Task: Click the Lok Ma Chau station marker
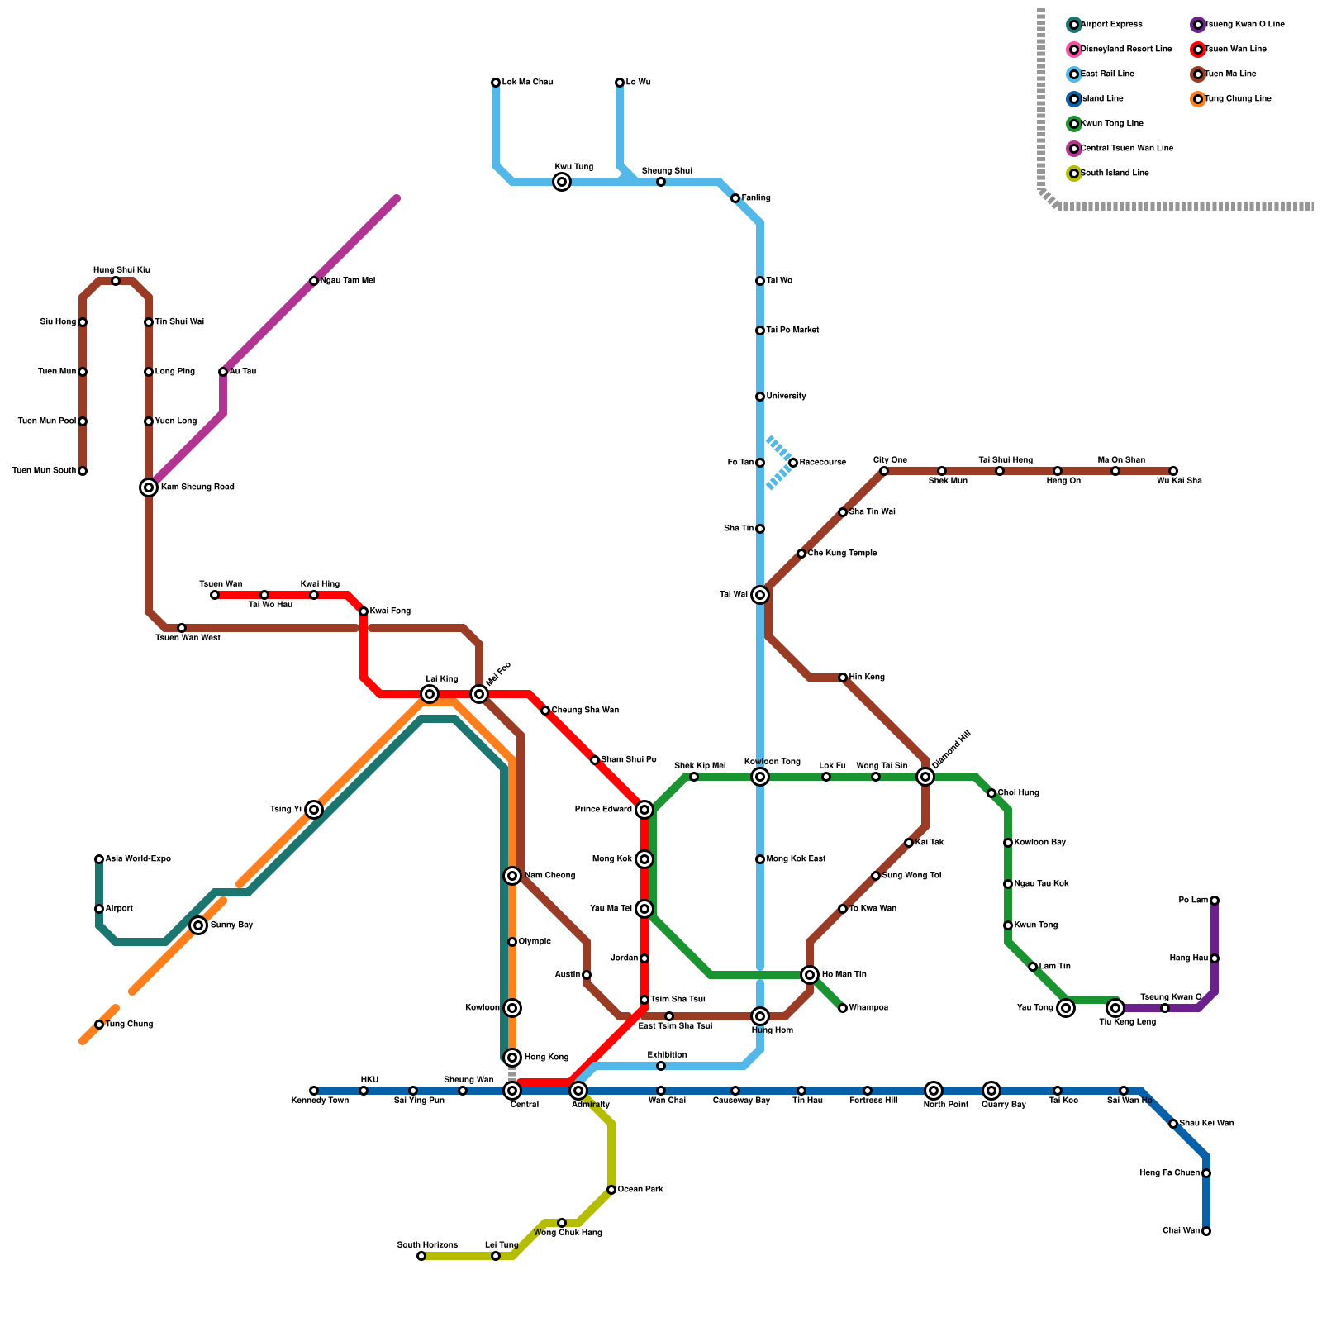(x=496, y=83)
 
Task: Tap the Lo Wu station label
(x=638, y=83)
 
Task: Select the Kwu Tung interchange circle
(x=562, y=182)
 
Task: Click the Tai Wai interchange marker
(x=760, y=595)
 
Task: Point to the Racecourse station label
(x=822, y=463)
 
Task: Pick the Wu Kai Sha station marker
(x=1173, y=471)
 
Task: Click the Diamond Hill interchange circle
(x=925, y=777)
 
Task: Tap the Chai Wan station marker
(x=1206, y=1231)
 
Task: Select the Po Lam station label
(x=1192, y=901)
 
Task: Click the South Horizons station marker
(x=421, y=1256)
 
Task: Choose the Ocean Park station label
(x=640, y=1190)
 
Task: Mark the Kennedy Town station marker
(x=314, y=1091)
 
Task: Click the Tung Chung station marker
(x=99, y=1025)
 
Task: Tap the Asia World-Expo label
(x=138, y=859)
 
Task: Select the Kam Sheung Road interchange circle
(x=149, y=487)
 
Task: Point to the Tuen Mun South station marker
(x=83, y=471)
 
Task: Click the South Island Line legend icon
(x=1074, y=174)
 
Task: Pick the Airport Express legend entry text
(x=1111, y=25)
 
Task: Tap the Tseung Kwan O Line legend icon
(x=1198, y=25)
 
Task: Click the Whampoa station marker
(x=843, y=1008)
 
